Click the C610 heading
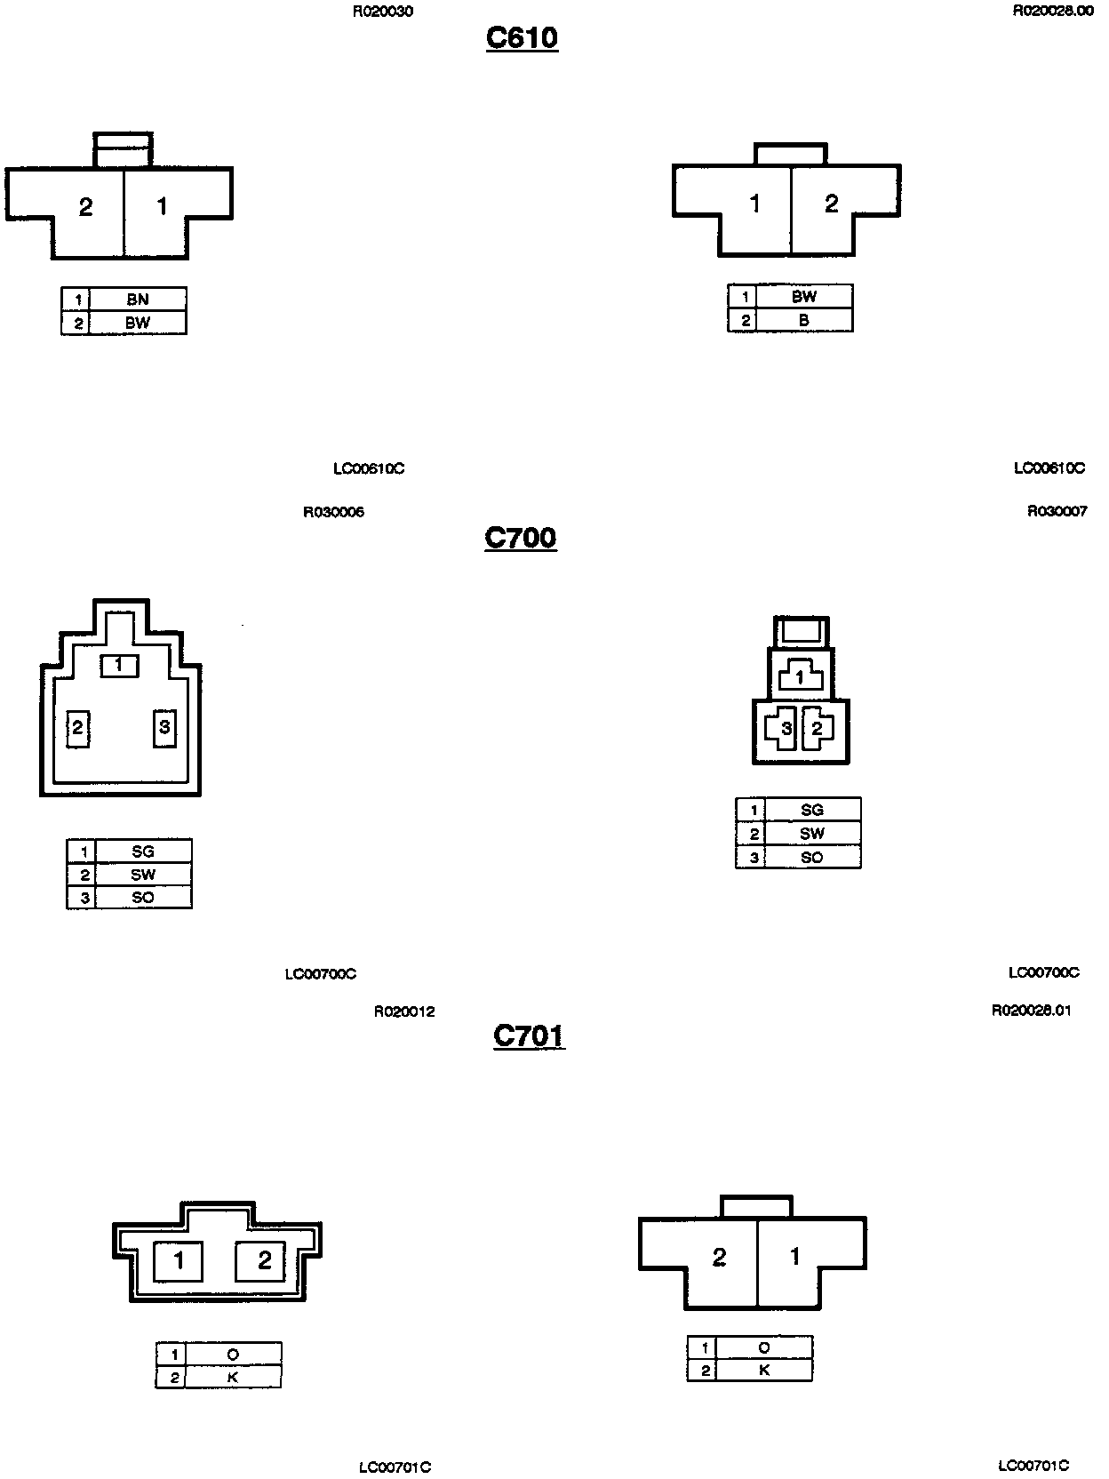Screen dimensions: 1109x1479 [x=522, y=37]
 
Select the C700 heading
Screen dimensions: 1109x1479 [x=521, y=538]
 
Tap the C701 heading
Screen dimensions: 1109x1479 [x=529, y=1036]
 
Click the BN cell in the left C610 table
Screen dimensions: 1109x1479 [x=138, y=300]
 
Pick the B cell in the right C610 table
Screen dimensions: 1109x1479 [x=803, y=320]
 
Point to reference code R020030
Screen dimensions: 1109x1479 [x=382, y=12]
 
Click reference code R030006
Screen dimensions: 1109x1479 [x=333, y=512]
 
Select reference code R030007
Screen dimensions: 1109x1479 [x=1057, y=511]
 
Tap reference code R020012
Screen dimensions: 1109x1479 [x=404, y=1011]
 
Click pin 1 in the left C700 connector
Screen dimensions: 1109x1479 [x=119, y=664]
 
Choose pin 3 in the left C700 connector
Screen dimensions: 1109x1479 [x=164, y=728]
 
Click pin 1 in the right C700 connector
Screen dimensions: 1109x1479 [x=800, y=678]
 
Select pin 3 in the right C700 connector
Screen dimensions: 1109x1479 [x=786, y=729]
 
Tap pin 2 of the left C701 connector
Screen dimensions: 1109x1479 [x=264, y=1259]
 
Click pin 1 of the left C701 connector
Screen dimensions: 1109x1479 [x=179, y=1259]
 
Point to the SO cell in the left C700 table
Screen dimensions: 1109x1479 [x=143, y=898]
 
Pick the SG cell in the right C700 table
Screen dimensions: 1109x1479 [x=812, y=810]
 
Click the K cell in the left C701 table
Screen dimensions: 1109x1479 [x=233, y=1378]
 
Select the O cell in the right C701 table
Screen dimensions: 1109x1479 [x=764, y=1347]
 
